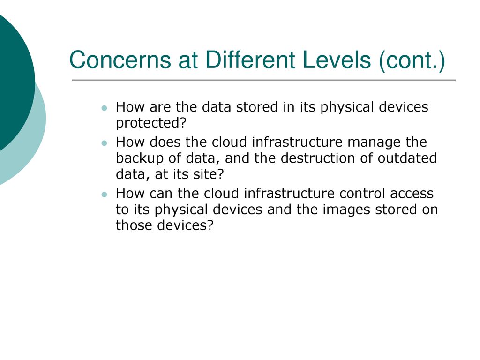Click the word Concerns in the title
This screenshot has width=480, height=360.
120,60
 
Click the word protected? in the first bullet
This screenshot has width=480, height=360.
151,123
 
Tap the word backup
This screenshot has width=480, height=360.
140,158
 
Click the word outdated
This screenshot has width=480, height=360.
407,158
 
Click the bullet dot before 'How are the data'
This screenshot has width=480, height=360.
105,108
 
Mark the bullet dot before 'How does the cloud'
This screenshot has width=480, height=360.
105,143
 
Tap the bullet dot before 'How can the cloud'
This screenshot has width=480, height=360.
105,195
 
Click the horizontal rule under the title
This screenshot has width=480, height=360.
264,80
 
